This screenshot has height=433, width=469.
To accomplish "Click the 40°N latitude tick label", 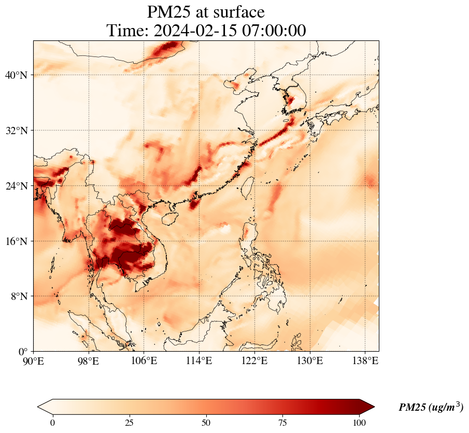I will tap(16, 75).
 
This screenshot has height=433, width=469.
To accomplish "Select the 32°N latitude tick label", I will tap(16, 131).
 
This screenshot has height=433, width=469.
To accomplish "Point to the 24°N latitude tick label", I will tap(16, 186).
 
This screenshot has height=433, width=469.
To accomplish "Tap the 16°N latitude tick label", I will tap(16, 241).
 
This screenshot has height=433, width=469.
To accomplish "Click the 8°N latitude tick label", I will tap(19, 296).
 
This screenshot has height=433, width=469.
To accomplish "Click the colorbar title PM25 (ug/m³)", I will tap(431, 408).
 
